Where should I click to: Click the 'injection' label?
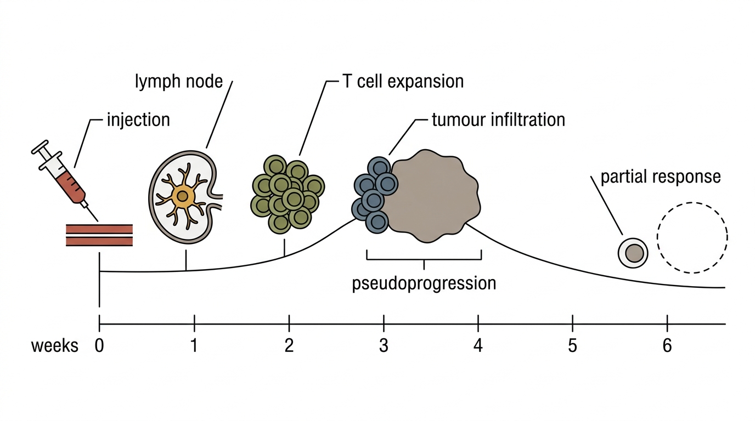coord(138,120)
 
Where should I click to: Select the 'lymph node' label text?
coord(179,82)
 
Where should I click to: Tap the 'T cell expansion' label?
coord(403,82)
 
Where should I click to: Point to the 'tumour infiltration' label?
coord(499,120)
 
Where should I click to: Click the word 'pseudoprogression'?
coord(424,283)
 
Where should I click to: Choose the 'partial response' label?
coord(661,177)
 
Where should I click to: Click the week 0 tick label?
coord(99,345)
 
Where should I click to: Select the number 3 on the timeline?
coord(384,345)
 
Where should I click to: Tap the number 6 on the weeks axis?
coord(667,345)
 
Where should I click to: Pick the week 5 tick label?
coord(573,345)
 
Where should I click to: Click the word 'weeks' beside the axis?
coord(55,346)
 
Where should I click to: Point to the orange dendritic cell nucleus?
coord(183,196)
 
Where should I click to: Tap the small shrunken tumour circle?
coord(633,253)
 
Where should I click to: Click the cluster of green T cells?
coord(287,195)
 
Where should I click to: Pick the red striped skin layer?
coord(99,235)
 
